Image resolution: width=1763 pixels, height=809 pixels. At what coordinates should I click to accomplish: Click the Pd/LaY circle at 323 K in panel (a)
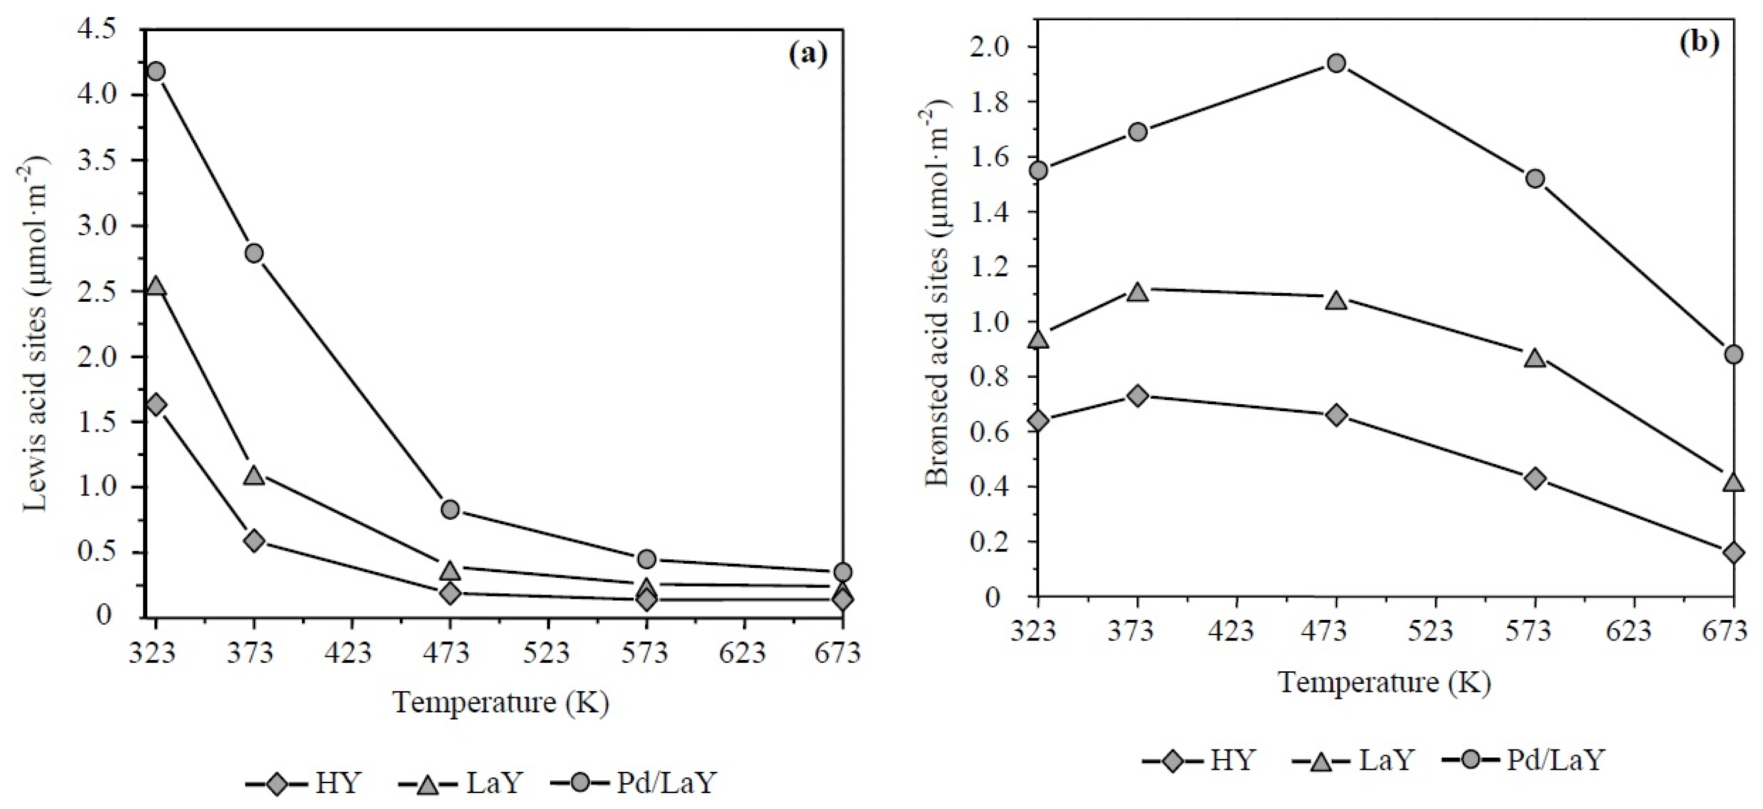[x=156, y=72]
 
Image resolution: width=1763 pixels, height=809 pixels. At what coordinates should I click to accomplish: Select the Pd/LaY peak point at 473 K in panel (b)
[x=1336, y=63]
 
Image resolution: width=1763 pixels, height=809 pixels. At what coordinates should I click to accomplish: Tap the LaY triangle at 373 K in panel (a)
[x=254, y=475]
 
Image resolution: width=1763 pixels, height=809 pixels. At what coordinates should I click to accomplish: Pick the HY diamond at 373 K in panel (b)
[x=1137, y=396]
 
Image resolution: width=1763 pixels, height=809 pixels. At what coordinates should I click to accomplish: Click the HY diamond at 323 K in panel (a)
[x=156, y=405]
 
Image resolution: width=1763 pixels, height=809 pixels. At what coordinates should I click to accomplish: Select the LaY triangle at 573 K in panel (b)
[x=1535, y=358]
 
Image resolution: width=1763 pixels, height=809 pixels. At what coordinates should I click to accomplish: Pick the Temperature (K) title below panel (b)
[x=1384, y=683]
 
